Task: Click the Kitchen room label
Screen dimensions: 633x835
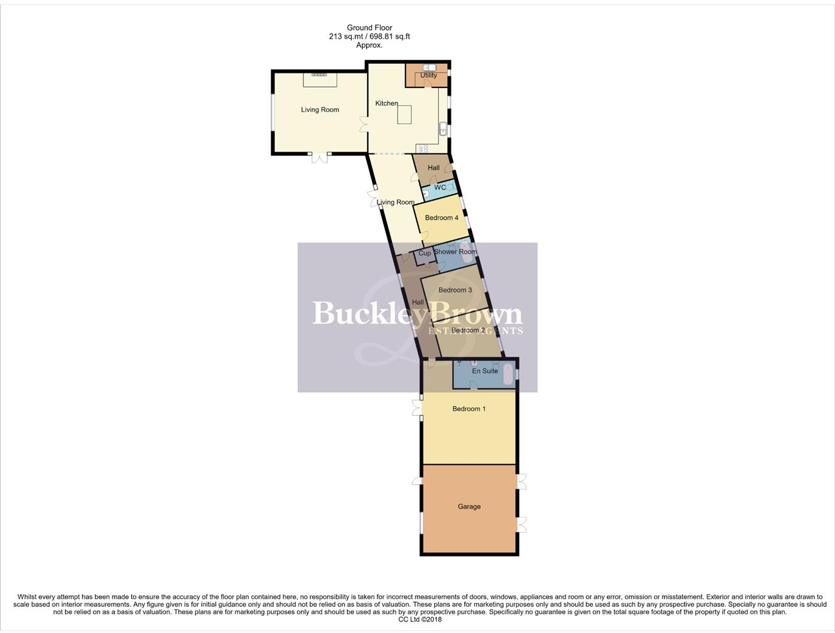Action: pyautogui.click(x=386, y=103)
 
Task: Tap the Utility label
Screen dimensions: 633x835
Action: pyautogui.click(x=428, y=75)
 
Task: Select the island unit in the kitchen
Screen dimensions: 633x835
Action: pyautogui.click(x=404, y=115)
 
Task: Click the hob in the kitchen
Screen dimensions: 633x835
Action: pyautogui.click(x=422, y=149)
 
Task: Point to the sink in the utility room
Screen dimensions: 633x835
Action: pyautogui.click(x=429, y=67)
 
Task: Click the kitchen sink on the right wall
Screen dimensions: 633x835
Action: pyautogui.click(x=443, y=129)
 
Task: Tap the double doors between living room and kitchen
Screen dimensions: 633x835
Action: pyautogui.click(x=363, y=124)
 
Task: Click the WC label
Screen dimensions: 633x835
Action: pyautogui.click(x=440, y=188)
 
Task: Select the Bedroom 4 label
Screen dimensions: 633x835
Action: pyautogui.click(x=441, y=218)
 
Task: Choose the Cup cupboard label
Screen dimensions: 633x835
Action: pyautogui.click(x=425, y=253)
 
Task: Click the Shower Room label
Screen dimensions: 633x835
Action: pyautogui.click(x=455, y=252)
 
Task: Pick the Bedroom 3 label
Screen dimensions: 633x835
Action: pyautogui.click(x=455, y=290)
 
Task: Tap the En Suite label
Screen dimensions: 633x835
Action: pyautogui.click(x=485, y=371)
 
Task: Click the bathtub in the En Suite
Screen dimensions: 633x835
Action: pyautogui.click(x=508, y=372)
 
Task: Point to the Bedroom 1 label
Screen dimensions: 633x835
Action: pyautogui.click(x=468, y=409)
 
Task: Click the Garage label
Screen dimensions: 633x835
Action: pyautogui.click(x=469, y=507)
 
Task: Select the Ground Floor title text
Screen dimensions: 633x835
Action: pyautogui.click(x=369, y=27)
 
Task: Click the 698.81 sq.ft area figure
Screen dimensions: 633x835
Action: pyautogui.click(x=387, y=36)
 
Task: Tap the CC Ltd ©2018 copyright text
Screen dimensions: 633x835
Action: pyautogui.click(x=420, y=620)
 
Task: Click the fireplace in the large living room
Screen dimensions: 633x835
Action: pyautogui.click(x=319, y=75)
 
